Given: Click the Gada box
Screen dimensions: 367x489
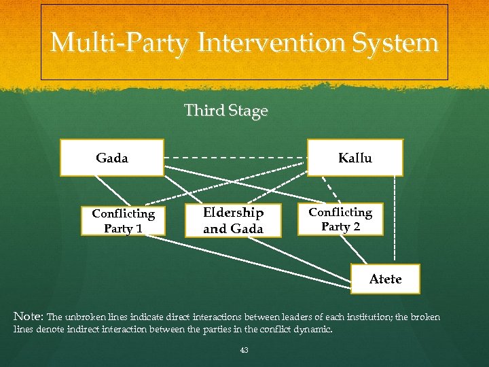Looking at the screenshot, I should (112, 158).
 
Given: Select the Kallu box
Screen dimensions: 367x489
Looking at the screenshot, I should (355, 158).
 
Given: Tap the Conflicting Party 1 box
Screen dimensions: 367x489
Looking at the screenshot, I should (123, 220).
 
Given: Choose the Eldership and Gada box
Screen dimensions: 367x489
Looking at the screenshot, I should (233, 220).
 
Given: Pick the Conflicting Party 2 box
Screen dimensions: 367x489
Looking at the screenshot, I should (340, 219).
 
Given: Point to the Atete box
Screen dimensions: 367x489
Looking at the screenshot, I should (385, 279).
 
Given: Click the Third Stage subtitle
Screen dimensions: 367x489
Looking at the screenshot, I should (225, 111).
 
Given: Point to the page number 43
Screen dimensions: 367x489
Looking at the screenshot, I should (244, 350).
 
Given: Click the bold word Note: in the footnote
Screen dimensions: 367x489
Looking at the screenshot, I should (29, 317).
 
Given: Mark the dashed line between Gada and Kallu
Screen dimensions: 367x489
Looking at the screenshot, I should (236, 158).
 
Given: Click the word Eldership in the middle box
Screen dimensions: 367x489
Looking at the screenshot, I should (233, 213).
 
